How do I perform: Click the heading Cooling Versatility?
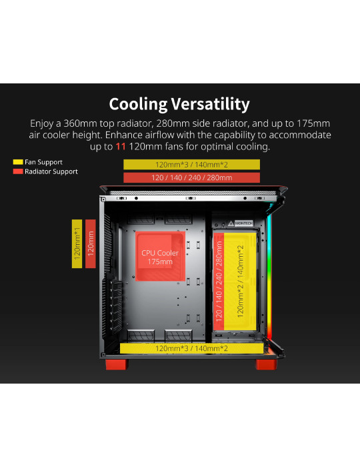tap(179, 104)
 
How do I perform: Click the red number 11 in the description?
tap(121, 147)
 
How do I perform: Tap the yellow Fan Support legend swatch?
tap(18, 162)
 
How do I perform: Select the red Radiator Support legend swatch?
tap(18, 171)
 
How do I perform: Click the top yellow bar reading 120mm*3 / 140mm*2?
tap(191, 164)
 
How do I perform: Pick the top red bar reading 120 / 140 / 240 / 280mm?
tap(191, 177)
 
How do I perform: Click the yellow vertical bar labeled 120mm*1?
tap(77, 244)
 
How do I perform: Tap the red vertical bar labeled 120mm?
tap(91, 244)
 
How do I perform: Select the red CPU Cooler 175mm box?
tap(160, 256)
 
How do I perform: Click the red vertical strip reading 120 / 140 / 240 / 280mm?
tap(219, 281)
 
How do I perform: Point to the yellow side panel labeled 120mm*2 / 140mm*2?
tap(240, 281)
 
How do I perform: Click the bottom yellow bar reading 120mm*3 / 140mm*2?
tap(191, 348)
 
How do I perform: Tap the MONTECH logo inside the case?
tap(243, 223)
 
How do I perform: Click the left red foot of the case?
tap(116, 364)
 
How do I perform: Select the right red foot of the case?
tap(266, 364)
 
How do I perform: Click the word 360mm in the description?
tap(80, 123)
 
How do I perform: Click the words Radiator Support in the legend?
tap(51, 171)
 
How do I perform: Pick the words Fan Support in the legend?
tap(43, 162)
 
